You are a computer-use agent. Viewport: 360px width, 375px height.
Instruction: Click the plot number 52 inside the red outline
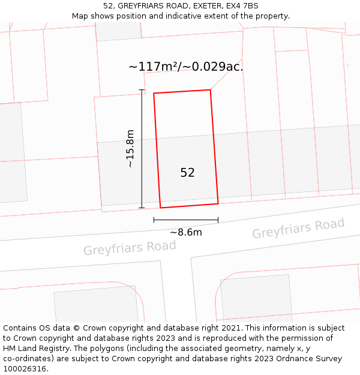[x=187, y=173]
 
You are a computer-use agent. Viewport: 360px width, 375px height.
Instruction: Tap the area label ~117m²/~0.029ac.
[x=185, y=67]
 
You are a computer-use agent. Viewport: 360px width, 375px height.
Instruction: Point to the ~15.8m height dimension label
[x=130, y=149]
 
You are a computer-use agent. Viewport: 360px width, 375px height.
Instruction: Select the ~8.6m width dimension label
[x=185, y=232]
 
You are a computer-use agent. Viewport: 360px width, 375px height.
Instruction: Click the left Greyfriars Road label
[x=130, y=248]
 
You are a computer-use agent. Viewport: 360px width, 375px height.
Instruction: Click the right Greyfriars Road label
[x=298, y=229]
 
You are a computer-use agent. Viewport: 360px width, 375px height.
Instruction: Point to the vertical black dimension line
[x=142, y=149]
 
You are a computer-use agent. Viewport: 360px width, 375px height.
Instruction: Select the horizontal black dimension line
[x=185, y=220]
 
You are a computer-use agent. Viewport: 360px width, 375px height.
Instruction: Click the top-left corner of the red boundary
[x=154, y=94]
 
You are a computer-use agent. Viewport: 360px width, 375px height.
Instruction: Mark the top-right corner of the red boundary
[x=210, y=90]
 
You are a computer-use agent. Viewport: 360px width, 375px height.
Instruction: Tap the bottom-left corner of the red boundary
[x=160, y=208]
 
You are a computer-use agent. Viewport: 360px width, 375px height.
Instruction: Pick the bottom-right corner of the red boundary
[x=218, y=203]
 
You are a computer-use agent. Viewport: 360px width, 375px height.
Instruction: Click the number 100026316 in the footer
[x=25, y=369]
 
